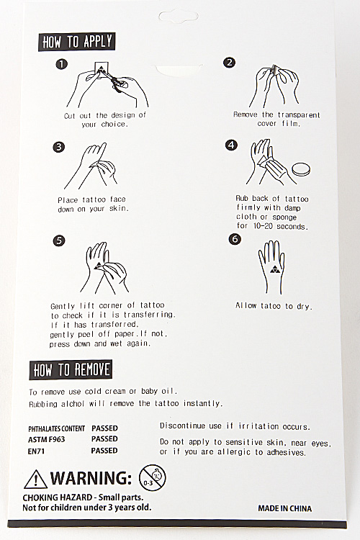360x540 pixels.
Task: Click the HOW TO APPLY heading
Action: [77, 42]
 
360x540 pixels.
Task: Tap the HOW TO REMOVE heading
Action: [71, 370]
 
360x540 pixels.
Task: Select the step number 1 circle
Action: [61, 64]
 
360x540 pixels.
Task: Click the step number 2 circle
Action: [229, 63]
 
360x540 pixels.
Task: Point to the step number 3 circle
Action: [58, 147]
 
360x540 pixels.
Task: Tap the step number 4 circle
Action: [231, 145]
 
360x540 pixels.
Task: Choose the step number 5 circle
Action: [59, 240]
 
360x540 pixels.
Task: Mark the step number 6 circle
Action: [235, 239]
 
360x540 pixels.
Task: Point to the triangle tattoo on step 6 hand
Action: [274, 269]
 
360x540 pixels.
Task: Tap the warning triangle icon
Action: [35, 479]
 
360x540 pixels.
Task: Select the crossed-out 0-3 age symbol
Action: [152, 478]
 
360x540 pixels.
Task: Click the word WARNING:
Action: [91, 478]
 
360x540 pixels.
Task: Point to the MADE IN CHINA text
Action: [285, 508]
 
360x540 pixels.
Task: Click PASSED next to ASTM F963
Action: [104, 439]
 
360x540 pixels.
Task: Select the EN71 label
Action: [36, 451]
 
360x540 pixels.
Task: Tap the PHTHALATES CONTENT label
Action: [56, 429]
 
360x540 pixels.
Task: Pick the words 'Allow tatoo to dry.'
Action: [274, 306]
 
